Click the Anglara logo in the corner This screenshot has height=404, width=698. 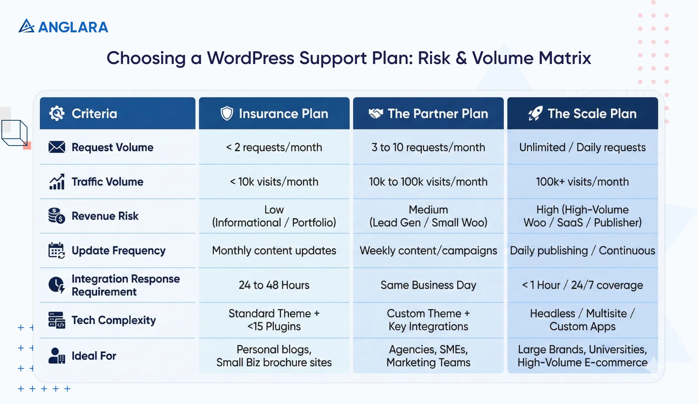pyautogui.click(x=63, y=27)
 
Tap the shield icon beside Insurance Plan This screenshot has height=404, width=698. pyautogui.click(x=227, y=113)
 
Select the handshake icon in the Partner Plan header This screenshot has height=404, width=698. pyautogui.click(x=376, y=113)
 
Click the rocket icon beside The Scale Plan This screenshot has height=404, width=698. pyautogui.click(x=535, y=113)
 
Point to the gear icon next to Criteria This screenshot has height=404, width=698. pyautogui.click(x=57, y=113)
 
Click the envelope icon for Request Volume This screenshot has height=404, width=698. pyautogui.click(x=57, y=147)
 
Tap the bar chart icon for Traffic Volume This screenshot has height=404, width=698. pyautogui.click(x=57, y=181)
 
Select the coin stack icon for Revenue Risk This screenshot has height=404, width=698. pyautogui.click(x=57, y=216)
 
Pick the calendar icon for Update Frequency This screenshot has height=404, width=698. pyautogui.click(x=57, y=251)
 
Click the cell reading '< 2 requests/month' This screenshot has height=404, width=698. pyautogui.click(x=274, y=147)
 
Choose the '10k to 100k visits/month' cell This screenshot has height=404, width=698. pyautogui.click(x=428, y=181)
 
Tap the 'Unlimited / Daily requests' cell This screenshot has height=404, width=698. pyautogui.click(x=582, y=147)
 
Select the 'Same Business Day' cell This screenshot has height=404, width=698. pyautogui.click(x=428, y=285)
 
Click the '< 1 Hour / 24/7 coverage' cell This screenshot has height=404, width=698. pyautogui.click(x=582, y=285)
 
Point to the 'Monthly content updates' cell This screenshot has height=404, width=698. pyautogui.click(x=274, y=251)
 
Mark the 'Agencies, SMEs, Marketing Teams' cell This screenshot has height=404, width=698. pyautogui.click(x=428, y=356)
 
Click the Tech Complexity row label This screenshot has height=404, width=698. pyautogui.click(x=113, y=320)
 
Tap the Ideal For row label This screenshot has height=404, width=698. pyautogui.click(x=94, y=356)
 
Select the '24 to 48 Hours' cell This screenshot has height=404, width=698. pyautogui.click(x=274, y=285)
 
